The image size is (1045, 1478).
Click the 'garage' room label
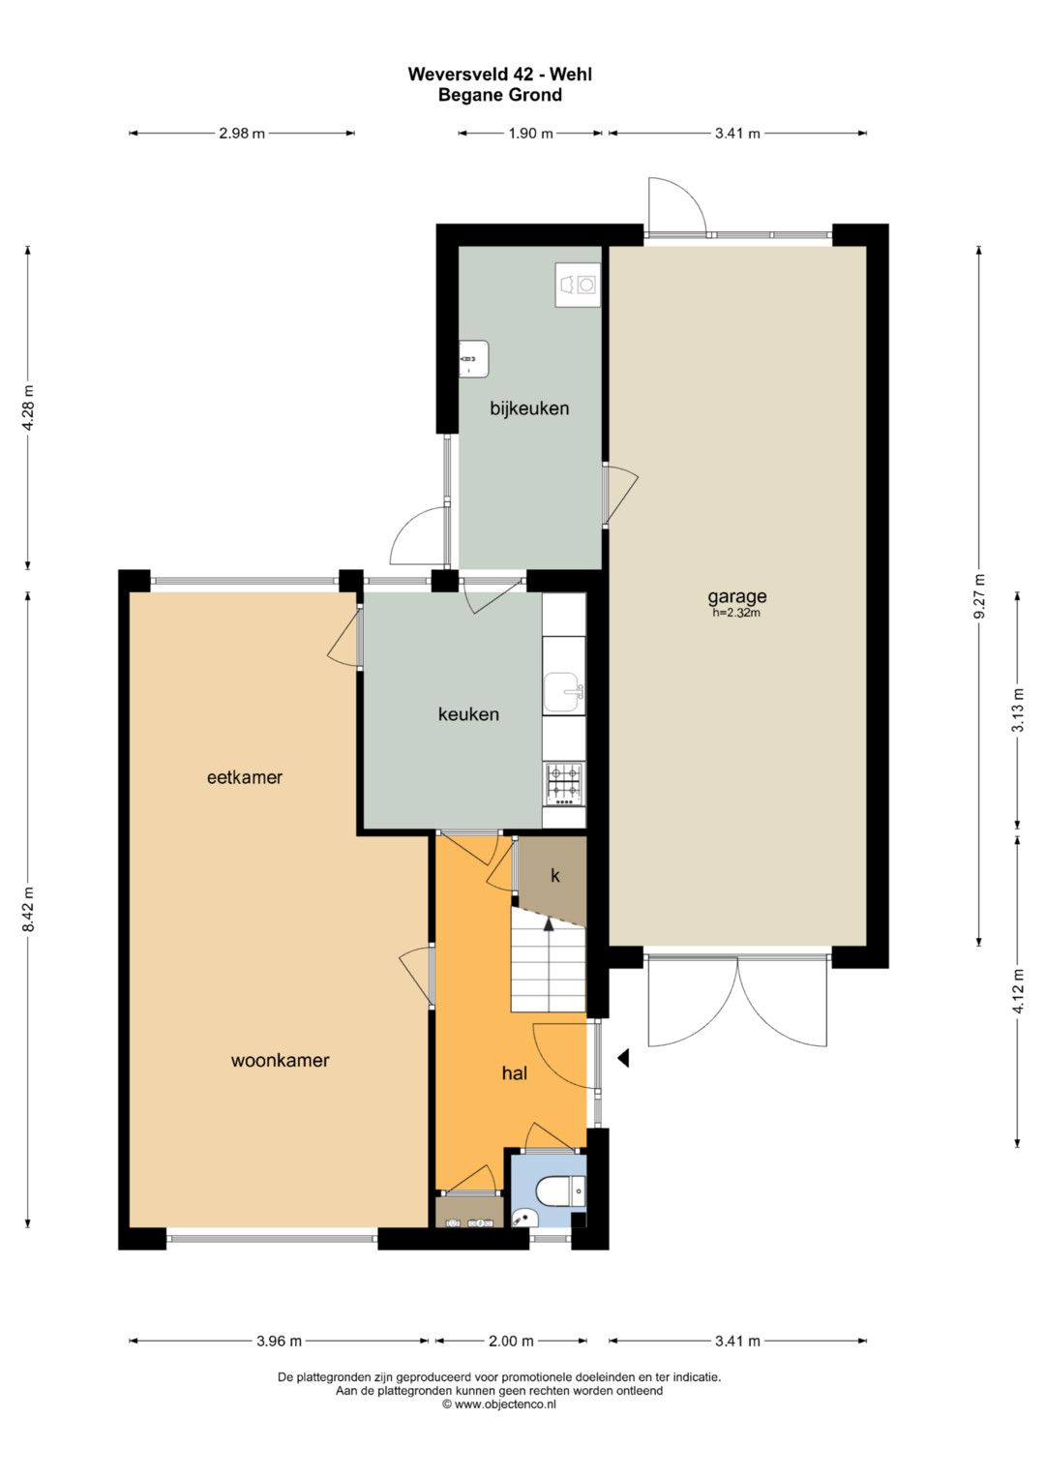click(x=737, y=597)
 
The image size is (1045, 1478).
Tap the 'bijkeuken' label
click(x=529, y=408)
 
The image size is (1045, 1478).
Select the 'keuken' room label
click(x=468, y=714)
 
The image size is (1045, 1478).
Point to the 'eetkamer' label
click(x=245, y=777)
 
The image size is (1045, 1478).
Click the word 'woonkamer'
click(x=280, y=1060)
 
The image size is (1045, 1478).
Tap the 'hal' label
click(x=515, y=1073)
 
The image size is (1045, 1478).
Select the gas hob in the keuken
click(x=563, y=785)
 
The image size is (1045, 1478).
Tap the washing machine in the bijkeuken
click(x=578, y=285)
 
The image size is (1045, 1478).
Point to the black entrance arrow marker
click(x=623, y=1058)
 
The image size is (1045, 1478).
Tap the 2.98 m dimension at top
click(x=242, y=134)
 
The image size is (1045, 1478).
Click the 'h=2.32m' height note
click(x=737, y=613)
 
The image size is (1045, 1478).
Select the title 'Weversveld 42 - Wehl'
click(x=499, y=74)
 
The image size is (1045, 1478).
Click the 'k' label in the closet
click(x=555, y=876)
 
